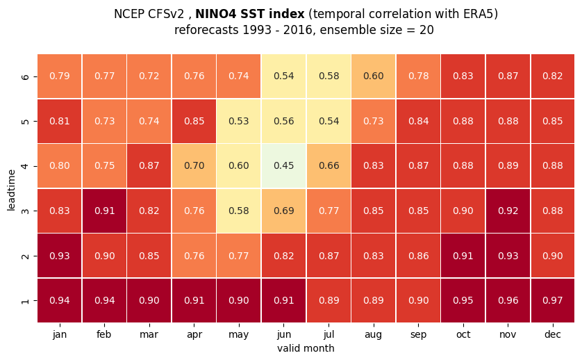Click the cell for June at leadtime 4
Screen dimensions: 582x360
point(283,165)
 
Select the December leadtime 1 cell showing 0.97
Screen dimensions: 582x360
point(553,300)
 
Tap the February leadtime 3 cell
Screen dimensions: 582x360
point(104,211)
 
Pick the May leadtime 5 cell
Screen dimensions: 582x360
point(239,121)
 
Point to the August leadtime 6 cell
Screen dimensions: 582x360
point(374,76)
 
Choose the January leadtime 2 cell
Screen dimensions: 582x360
point(60,256)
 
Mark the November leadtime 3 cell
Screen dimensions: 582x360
point(508,211)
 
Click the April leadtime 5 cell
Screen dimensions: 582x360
point(194,121)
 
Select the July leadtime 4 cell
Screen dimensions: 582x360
point(329,165)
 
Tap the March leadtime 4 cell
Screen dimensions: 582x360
point(149,165)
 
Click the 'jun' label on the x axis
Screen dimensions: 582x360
point(283,335)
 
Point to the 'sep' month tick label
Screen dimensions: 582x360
point(418,335)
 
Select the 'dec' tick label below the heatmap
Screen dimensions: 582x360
point(553,334)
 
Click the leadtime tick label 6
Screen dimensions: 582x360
point(25,76)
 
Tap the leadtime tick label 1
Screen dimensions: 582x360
point(25,300)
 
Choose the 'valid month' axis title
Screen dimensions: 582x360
point(306,348)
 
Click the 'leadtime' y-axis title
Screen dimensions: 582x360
point(11,190)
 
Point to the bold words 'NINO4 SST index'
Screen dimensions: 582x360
point(250,14)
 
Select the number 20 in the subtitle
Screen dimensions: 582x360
point(426,30)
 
